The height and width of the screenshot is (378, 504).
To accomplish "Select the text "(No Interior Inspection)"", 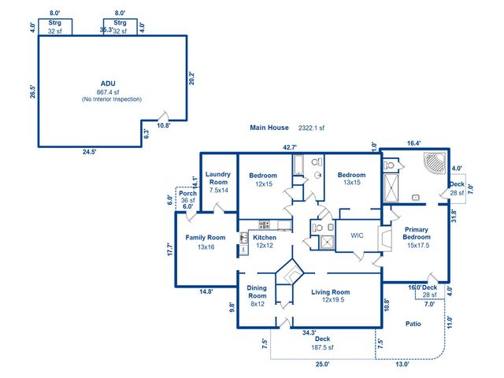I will [x=111, y=99].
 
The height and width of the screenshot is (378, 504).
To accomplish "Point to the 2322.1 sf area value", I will [x=311, y=127].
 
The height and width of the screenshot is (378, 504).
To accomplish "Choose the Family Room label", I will [x=205, y=237].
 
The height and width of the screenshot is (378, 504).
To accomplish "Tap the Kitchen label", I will [x=265, y=237].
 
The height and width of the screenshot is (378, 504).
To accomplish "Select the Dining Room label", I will [x=258, y=292].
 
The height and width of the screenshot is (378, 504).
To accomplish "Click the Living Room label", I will [x=330, y=291].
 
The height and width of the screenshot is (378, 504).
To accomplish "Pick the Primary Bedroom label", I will [x=417, y=234].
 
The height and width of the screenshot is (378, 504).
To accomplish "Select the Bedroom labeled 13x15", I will [x=351, y=175].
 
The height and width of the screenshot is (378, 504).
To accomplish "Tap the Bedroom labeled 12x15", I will [x=263, y=175].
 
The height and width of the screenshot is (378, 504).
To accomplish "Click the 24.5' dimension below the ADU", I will [x=87, y=152].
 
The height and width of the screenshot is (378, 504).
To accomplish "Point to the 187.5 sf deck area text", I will [x=320, y=346].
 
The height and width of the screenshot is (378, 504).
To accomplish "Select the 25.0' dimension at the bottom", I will [x=323, y=365].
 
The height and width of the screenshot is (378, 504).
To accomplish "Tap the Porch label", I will [x=187, y=193].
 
